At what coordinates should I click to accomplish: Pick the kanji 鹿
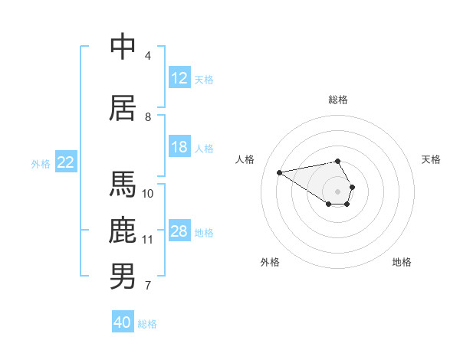tap(123, 231)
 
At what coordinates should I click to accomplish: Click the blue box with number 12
tap(179, 78)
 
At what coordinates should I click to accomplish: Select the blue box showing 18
tap(179, 148)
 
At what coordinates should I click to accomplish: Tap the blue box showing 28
tap(179, 232)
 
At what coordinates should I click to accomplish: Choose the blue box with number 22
tap(66, 162)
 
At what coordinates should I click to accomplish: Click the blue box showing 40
tap(123, 322)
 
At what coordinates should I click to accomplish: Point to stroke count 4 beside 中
tap(148, 56)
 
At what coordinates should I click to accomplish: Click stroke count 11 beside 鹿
tap(148, 240)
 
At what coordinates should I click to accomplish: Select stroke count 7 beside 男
tap(148, 286)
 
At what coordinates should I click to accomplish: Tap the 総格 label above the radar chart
tap(338, 100)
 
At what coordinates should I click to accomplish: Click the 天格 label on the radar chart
tap(432, 159)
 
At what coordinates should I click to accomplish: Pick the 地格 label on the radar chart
tap(402, 262)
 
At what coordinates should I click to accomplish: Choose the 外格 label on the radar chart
tap(270, 262)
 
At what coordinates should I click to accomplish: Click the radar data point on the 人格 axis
tap(279, 172)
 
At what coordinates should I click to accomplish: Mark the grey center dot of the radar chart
tap(338, 191)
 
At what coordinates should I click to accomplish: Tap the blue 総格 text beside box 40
tap(147, 324)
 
